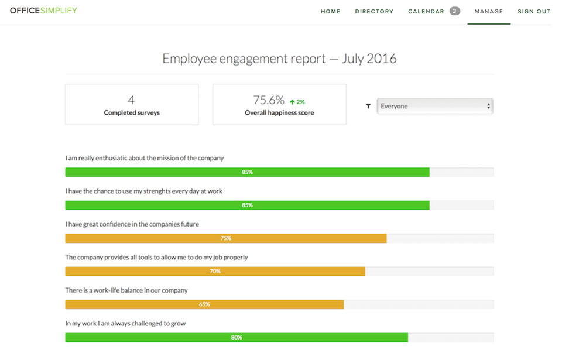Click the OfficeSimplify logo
(43, 11)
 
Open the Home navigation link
(330, 12)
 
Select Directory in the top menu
(374, 12)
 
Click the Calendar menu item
(426, 12)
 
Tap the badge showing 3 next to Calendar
(455, 11)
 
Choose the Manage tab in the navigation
(489, 12)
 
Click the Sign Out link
(534, 12)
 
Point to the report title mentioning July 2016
(279, 59)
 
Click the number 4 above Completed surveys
(131, 100)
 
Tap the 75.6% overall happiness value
(269, 100)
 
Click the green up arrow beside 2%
(292, 102)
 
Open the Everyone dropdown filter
(435, 106)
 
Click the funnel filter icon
(368, 107)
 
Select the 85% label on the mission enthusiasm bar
(247, 172)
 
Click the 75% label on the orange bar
(225, 238)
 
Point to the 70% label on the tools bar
(215, 272)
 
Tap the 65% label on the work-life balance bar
(204, 304)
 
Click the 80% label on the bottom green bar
(236, 338)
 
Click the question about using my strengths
(143, 191)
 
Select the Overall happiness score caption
(279, 113)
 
